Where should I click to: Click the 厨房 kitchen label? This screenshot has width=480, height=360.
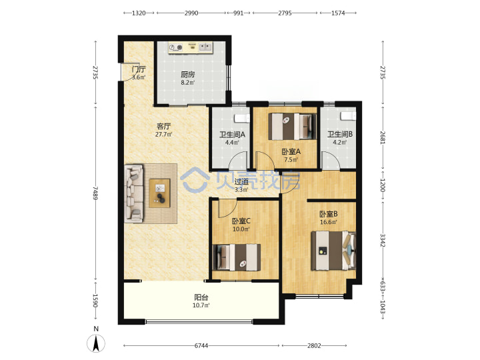(187, 75)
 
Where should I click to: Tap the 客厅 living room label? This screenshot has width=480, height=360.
(164, 126)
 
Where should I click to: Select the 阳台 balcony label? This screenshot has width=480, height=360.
(201, 297)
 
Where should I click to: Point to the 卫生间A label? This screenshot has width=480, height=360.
(233, 135)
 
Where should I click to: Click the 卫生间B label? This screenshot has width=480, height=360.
(340, 134)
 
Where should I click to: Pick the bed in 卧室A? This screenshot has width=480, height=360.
(293, 127)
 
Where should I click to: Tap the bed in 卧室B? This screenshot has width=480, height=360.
(334, 251)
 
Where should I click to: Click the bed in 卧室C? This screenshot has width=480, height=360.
(237, 257)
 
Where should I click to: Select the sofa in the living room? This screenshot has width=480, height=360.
(134, 193)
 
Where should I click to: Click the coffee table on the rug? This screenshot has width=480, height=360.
(159, 193)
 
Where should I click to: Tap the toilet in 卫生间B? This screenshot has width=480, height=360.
(349, 116)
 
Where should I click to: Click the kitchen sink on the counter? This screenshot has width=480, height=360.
(205, 47)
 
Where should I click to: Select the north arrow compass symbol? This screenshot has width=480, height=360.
(96, 343)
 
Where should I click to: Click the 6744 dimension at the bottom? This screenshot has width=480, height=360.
(201, 345)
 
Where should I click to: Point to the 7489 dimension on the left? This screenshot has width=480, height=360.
(96, 193)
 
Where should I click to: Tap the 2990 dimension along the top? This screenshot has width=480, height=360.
(191, 13)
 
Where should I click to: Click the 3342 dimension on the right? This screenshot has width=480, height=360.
(383, 240)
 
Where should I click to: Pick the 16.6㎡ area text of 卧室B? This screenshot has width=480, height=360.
(329, 222)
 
